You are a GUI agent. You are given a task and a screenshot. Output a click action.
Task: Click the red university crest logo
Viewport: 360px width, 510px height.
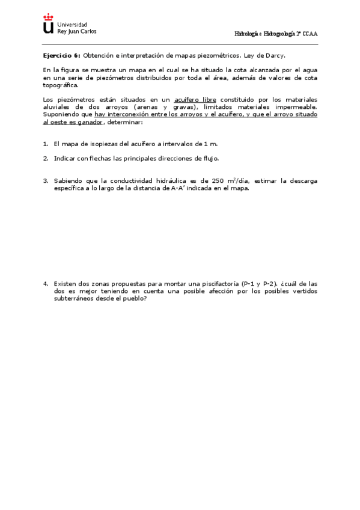(x=48, y=24)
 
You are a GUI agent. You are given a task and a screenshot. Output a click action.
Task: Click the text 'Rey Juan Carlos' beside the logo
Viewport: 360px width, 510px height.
(x=76, y=31)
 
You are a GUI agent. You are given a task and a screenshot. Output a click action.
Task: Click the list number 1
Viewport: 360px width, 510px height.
(x=45, y=144)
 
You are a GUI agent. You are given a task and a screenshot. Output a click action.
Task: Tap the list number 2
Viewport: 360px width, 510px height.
(x=45, y=158)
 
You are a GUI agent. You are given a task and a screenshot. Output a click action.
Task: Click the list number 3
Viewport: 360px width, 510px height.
(x=45, y=180)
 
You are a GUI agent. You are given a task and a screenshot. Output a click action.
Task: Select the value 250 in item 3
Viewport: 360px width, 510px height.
(x=218, y=180)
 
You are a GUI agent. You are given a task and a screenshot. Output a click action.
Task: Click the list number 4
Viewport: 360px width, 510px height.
(x=45, y=283)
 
